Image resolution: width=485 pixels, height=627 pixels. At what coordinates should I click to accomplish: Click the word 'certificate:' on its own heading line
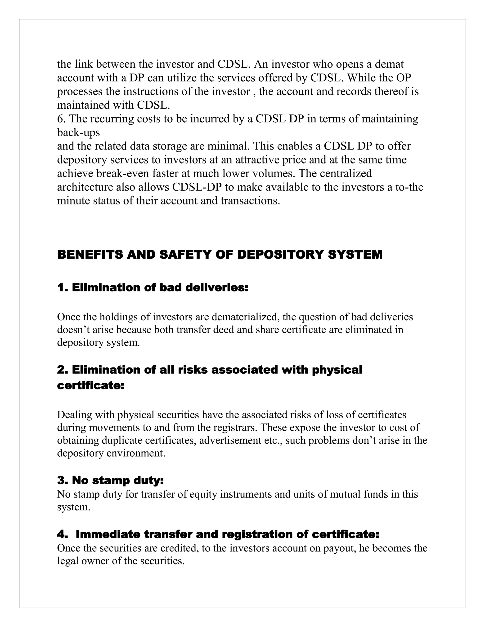[90, 385]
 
